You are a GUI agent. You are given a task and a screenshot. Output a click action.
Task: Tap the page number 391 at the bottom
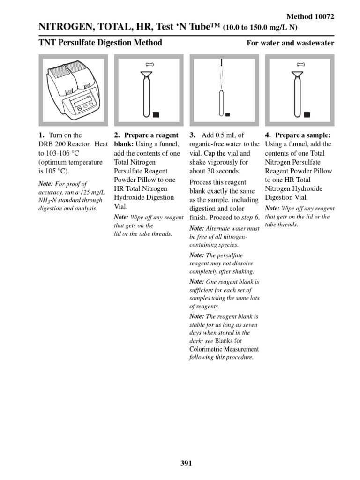coord(186,464)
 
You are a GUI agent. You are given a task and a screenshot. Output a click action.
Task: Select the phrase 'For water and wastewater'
coord(290,43)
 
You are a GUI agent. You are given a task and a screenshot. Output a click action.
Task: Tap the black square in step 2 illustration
coord(156,114)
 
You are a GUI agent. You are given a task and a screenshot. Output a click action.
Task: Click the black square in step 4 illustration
coord(307,114)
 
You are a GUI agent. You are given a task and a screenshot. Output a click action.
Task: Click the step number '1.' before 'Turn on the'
coord(41,135)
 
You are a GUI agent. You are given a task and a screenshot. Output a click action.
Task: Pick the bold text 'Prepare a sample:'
coord(303,135)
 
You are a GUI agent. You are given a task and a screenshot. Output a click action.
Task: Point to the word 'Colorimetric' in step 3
coord(207,349)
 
